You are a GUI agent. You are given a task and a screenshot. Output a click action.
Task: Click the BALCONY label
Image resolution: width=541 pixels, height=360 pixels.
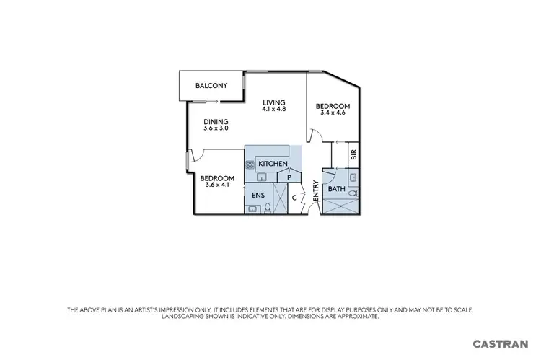pos(211,86)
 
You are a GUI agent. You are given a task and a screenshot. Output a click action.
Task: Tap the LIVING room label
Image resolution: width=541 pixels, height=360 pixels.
pos(274,102)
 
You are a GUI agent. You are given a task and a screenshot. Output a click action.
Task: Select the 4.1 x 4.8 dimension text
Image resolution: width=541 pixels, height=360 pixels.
pos(274,110)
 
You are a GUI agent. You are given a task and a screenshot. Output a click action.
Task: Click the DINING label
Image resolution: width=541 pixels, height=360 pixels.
pos(216,121)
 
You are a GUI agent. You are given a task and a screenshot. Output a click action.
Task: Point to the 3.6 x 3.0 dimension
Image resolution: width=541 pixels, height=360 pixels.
pos(216,128)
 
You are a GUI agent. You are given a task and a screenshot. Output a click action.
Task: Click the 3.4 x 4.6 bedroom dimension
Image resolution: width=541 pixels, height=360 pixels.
pos(332,113)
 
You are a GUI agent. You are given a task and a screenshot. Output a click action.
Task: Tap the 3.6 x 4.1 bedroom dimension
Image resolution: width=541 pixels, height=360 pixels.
pos(217,185)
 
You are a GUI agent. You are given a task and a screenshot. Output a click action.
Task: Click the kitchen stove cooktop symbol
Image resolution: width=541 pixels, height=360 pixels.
pos(250,165)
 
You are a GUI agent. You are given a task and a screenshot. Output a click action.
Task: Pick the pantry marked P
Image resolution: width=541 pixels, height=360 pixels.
pos(289,176)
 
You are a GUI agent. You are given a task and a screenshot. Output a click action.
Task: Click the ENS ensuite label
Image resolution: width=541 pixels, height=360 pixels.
pos(258,195)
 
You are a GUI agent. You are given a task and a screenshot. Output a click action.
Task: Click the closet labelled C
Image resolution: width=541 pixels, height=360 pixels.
pos(294,196)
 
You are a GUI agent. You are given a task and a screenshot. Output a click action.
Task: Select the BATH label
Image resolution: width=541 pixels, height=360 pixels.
pos(337,189)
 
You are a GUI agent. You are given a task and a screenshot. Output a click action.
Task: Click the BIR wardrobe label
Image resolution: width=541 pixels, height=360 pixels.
pos(353,154)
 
